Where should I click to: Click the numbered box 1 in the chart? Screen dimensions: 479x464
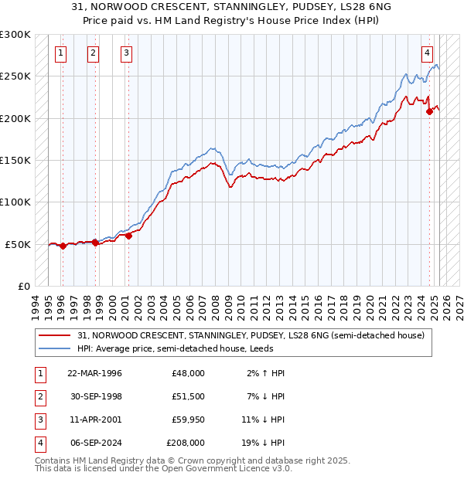pos(61,53)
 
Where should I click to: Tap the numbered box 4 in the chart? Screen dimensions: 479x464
pos(427,53)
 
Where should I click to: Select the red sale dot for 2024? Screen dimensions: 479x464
pos(429,111)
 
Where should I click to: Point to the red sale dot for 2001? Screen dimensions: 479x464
pos(128,236)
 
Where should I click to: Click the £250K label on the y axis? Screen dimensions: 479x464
pos(15,76)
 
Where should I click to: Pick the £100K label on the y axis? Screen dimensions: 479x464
pos(15,202)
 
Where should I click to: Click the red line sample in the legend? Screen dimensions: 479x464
pos(54,336)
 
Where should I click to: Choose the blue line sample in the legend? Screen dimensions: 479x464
pos(54,348)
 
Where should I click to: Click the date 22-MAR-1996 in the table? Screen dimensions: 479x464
pos(95,373)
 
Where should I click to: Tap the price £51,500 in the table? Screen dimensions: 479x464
pos(189,396)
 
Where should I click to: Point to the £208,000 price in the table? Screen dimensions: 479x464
pos(186,443)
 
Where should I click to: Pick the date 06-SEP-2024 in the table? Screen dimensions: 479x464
pos(95,443)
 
